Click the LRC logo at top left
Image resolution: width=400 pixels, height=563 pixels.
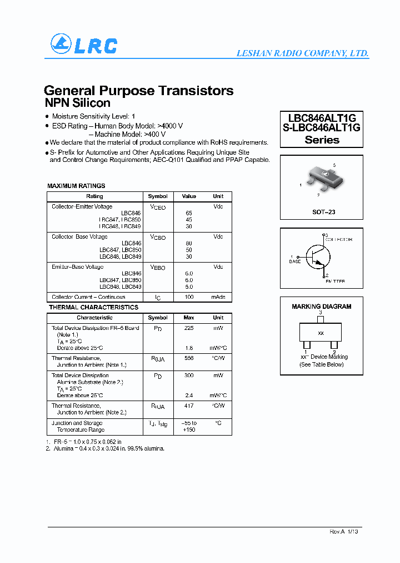(84, 45)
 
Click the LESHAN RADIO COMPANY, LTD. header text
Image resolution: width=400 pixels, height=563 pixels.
(302, 53)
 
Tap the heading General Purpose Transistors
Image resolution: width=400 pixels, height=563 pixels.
(138, 90)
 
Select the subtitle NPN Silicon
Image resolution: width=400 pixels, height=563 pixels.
(77, 103)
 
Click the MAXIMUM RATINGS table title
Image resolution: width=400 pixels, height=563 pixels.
(76, 186)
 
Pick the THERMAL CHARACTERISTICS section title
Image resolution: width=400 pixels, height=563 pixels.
(93, 307)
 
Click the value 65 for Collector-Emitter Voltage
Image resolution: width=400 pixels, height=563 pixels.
(189, 213)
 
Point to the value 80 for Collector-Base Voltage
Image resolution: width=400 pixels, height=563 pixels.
(189, 244)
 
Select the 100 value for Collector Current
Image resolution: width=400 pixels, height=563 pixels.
(189, 297)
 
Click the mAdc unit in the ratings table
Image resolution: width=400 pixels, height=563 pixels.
(218, 297)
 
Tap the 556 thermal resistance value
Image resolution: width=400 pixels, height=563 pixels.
(189, 358)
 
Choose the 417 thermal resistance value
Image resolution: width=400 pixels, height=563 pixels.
(189, 406)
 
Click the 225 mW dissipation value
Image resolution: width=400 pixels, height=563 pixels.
(189, 328)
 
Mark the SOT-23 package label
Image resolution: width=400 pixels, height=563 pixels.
(323, 212)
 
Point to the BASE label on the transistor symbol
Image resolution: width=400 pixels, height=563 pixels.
(294, 261)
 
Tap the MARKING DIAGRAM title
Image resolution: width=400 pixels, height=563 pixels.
(321, 307)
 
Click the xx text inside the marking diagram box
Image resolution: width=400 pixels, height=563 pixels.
(321, 333)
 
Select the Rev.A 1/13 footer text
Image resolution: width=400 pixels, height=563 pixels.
(344, 532)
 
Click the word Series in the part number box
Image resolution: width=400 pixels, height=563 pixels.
(322, 140)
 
